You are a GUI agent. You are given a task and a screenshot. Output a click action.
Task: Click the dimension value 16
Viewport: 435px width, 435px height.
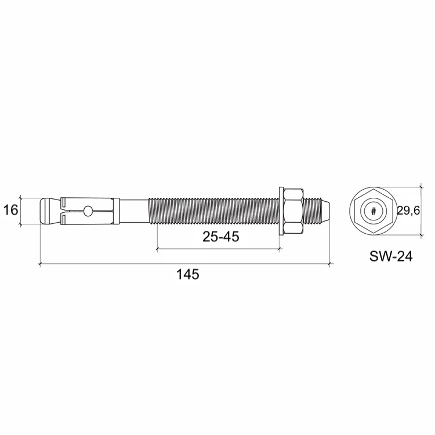pyautogui.click(x=10, y=210)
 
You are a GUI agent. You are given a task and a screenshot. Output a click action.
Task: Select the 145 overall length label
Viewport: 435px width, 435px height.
pyautogui.click(x=188, y=274)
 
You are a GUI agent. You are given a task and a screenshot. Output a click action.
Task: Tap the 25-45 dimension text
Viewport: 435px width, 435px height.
pyautogui.click(x=221, y=237)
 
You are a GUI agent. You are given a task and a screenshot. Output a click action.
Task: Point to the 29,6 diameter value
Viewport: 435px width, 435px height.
pyautogui.click(x=409, y=211)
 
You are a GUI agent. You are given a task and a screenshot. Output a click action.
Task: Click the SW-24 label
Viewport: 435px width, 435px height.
pyautogui.click(x=391, y=256)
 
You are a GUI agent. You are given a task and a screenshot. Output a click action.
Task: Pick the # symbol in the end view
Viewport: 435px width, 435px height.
pyautogui.click(x=374, y=211)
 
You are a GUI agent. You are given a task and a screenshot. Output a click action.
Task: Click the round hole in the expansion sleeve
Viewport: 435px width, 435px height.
pyautogui.click(x=88, y=211)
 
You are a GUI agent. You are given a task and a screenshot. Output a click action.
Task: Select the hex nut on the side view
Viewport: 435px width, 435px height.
pyautogui.click(x=293, y=211)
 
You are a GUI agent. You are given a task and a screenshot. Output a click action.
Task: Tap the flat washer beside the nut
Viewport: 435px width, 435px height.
pyautogui.click(x=281, y=211)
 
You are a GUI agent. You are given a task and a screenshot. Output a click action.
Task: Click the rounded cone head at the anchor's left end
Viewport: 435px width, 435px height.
pyautogui.click(x=50, y=211)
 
